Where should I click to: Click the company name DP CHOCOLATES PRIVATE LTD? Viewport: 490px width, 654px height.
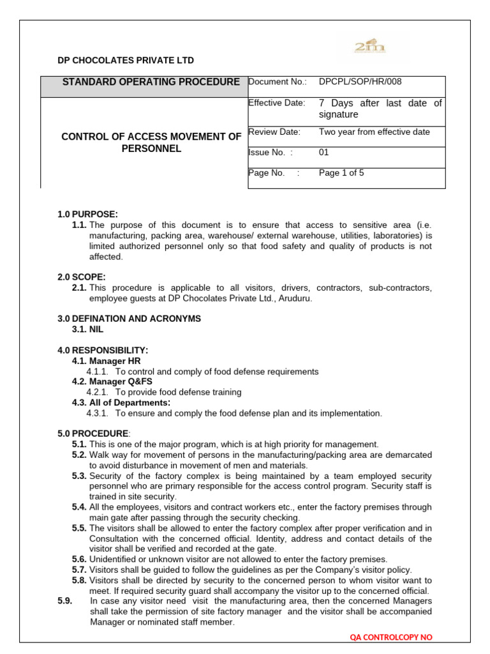click(126, 61)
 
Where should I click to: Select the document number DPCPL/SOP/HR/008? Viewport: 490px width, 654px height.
click(360, 82)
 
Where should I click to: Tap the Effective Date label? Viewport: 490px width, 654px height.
click(276, 103)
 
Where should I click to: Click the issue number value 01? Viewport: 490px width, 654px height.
click(323, 153)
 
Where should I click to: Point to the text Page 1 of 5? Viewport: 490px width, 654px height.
click(341, 173)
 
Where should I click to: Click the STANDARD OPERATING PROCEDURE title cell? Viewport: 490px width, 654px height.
click(151, 82)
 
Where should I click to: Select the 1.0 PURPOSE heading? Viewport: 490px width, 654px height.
click(88, 214)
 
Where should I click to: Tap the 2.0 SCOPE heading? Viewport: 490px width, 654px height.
click(82, 277)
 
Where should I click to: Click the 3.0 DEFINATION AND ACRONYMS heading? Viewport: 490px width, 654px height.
click(129, 319)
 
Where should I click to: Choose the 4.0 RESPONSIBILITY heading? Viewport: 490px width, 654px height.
click(103, 350)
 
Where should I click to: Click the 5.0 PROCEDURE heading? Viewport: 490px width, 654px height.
click(93, 434)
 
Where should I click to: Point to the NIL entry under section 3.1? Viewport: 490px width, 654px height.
click(96, 330)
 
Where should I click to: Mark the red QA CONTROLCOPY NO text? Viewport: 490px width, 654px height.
click(392, 637)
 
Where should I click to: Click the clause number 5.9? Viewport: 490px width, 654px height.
click(66, 601)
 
